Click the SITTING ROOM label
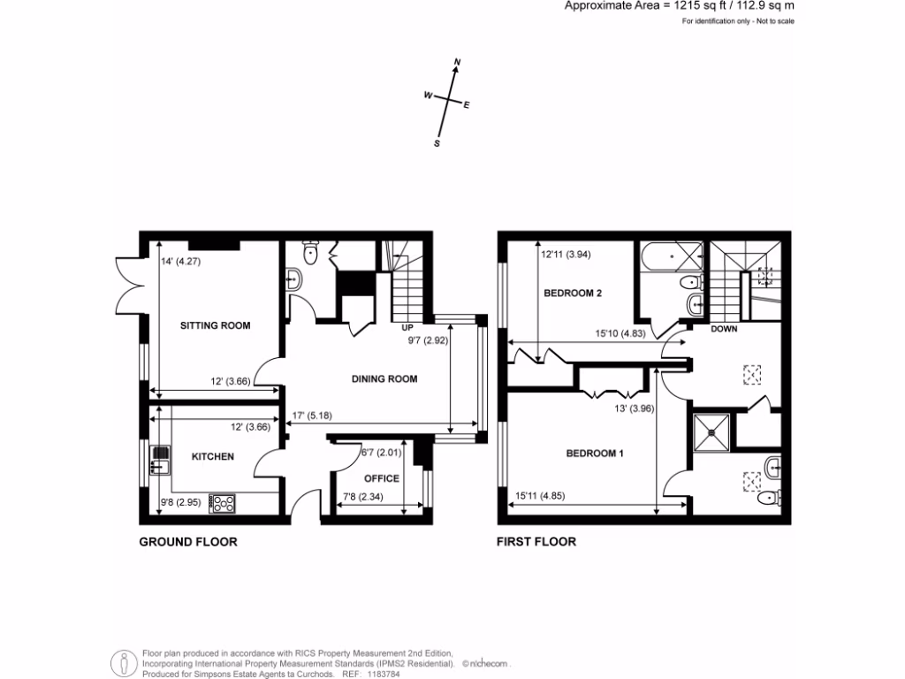pyautogui.click(x=215, y=325)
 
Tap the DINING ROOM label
pyautogui.click(x=384, y=379)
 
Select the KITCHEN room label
pyautogui.click(x=213, y=456)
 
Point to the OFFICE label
pyautogui.click(x=382, y=478)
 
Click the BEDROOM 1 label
pyautogui.click(x=595, y=454)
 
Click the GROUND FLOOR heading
pyautogui.click(x=188, y=542)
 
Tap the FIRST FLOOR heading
pyautogui.click(x=536, y=542)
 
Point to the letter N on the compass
pyautogui.click(x=457, y=62)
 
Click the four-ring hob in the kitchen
pyautogui.click(x=223, y=504)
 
